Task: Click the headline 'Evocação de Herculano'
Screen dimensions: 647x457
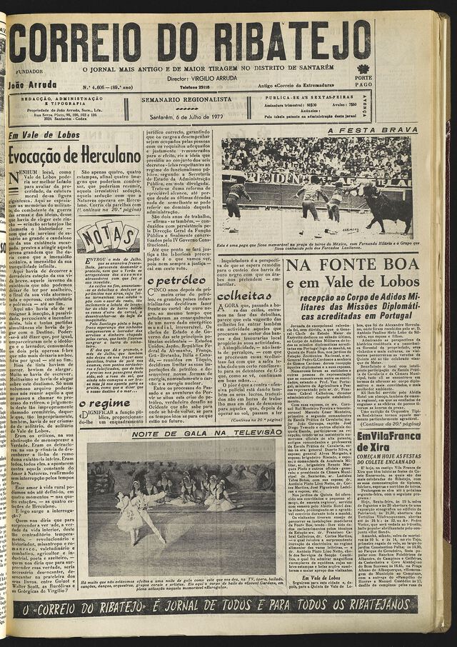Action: (x=74, y=154)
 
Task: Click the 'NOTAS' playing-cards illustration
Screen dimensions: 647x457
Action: (x=108, y=236)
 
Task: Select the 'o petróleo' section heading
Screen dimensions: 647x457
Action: (x=176, y=281)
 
